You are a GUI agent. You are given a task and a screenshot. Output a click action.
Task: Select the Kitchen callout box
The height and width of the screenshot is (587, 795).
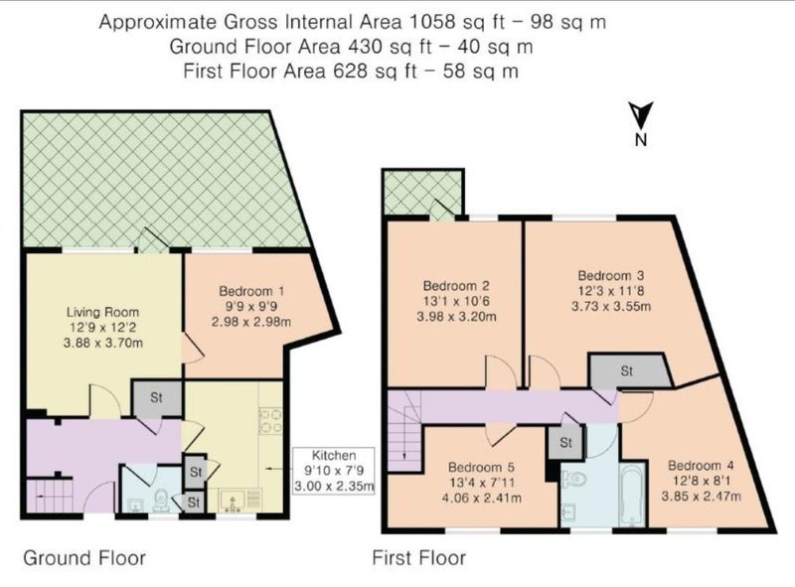click(x=334, y=471)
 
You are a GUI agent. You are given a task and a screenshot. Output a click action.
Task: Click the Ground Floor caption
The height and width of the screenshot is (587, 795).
click(x=84, y=558)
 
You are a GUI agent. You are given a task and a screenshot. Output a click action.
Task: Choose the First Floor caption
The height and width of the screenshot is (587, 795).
click(x=418, y=558)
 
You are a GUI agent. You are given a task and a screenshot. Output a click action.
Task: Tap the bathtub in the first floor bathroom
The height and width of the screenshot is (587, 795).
click(x=631, y=495)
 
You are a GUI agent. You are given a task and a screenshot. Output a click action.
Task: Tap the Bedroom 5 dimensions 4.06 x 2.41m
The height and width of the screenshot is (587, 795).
click(x=482, y=498)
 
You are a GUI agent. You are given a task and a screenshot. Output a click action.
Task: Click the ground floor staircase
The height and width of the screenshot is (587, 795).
click(x=50, y=496)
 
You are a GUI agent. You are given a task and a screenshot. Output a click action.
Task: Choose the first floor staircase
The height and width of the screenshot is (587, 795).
click(x=404, y=431)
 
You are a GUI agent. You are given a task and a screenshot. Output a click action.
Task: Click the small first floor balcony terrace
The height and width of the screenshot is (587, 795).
click(x=423, y=194)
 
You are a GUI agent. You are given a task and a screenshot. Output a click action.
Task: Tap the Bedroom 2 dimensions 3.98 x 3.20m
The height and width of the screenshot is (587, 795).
click(x=456, y=317)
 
